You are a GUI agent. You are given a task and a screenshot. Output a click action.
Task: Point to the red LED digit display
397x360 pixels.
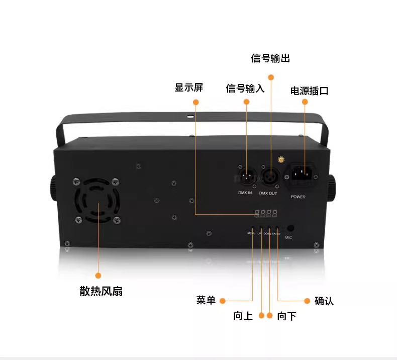point(266,214)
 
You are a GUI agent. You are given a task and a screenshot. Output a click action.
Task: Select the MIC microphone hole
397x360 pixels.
point(290,228)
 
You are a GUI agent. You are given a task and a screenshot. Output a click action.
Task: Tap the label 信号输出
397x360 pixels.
point(271,58)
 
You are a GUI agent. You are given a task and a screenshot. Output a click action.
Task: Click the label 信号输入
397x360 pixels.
point(245,88)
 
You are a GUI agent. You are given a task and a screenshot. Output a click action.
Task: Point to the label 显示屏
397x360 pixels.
point(189,87)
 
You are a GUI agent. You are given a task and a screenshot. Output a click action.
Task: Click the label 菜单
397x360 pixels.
point(206,301)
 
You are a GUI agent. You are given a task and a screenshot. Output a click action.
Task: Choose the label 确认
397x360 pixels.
point(324,301)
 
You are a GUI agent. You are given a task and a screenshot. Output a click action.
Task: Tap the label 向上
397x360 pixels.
point(243,316)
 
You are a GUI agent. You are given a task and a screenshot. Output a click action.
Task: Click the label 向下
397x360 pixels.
point(286,316)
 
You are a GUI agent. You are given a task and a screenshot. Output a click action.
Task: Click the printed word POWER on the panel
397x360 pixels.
point(298,197)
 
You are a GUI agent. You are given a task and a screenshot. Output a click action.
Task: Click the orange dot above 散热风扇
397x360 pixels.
point(98,276)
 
